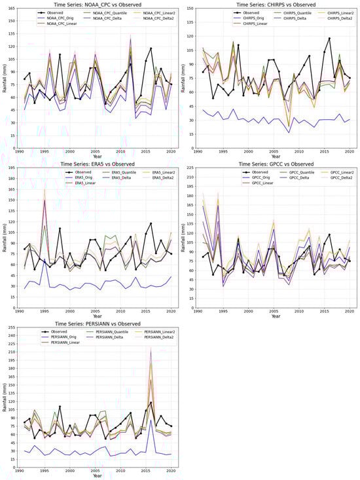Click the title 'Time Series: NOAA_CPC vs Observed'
(98, 4)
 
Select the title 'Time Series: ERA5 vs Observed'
(98, 164)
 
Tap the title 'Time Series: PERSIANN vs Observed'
(98, 323)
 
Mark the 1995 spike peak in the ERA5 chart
(45, 190)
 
